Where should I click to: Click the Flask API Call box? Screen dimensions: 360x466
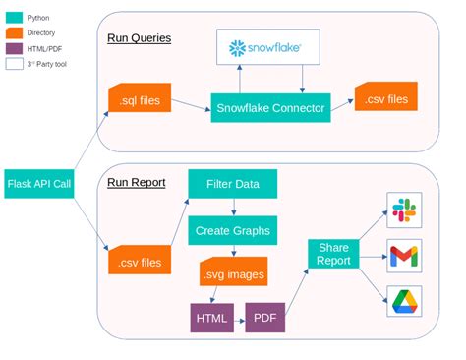[40, 183]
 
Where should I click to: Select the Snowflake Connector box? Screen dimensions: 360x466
[268, 108]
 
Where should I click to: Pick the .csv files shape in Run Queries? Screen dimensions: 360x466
[386, 96]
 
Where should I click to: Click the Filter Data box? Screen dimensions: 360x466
[233, 183]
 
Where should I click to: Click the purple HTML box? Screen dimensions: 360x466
[210, 317]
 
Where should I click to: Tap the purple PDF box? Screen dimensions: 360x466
[265, 317]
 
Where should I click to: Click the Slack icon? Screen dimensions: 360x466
[404, 209]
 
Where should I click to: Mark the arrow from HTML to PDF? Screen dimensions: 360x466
[238, 317]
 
